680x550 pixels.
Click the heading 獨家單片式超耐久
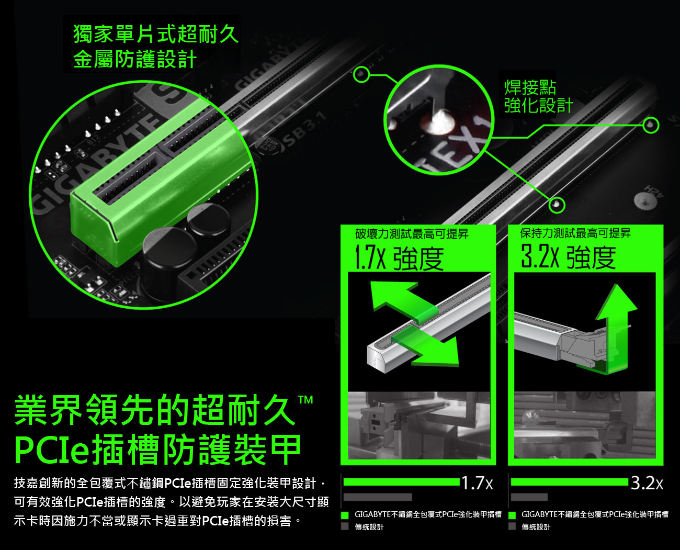pos(156,33)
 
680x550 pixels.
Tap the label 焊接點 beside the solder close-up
pos(530,87)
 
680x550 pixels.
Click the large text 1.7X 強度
pos(399,259)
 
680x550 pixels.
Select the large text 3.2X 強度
pos(568,256)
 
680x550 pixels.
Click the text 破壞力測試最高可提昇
pos(412,234)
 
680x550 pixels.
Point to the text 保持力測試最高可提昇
pos(575,233)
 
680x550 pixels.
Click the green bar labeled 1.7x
pos(402,481)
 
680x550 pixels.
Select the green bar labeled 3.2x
pos(570,481)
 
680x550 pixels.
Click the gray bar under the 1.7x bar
pos(378,497)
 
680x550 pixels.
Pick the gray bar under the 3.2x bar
pos(529,497)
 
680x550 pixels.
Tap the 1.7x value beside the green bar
pos(478,483)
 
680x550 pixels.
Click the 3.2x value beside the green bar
pos(647,483)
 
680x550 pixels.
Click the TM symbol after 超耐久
pos(305,400)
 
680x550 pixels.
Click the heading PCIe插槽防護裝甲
pos(157,450)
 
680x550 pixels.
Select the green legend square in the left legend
pos(345,515)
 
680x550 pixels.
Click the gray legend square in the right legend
pos(512,526)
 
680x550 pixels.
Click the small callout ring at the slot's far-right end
pos(651,126)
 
